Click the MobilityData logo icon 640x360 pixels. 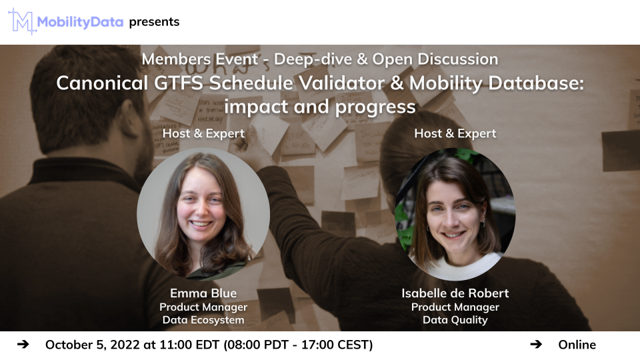pos(21,21)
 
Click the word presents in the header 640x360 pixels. pos(154,21)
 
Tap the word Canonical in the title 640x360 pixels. pos(102,83)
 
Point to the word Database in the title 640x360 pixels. pos(536,83)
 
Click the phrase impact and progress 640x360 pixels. pos(320,107)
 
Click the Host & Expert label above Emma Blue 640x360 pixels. pos(203,133)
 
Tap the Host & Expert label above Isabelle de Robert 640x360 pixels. pos(455,133)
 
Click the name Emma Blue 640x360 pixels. pos(203,293)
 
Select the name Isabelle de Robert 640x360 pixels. pos(455,293)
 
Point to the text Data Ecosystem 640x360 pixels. pos(203,320)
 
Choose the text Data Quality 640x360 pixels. pos(455,320)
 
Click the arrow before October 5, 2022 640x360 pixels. pos(23,345)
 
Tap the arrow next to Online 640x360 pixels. pos(536,345)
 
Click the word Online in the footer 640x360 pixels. pos(577,345)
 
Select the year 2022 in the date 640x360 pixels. pos(125,345)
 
